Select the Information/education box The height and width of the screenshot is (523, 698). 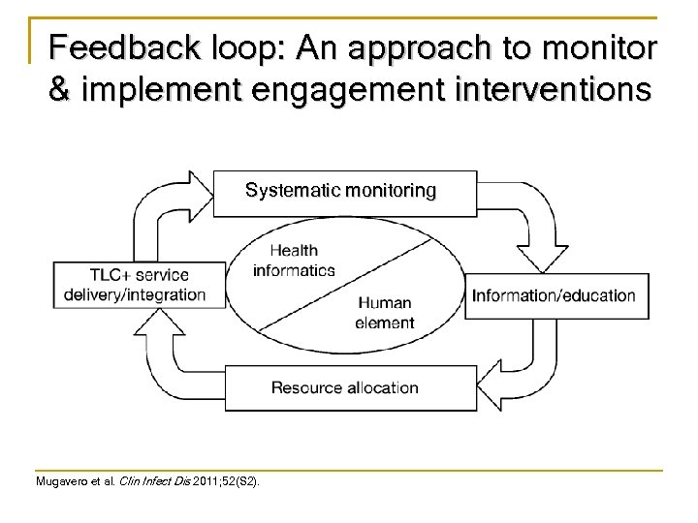point(554,295)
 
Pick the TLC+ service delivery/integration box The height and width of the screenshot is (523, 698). point(141,285)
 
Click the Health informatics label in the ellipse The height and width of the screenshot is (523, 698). point(294,261)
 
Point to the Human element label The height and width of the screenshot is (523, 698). point(385,313)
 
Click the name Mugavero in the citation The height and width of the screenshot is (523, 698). point(61,480)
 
